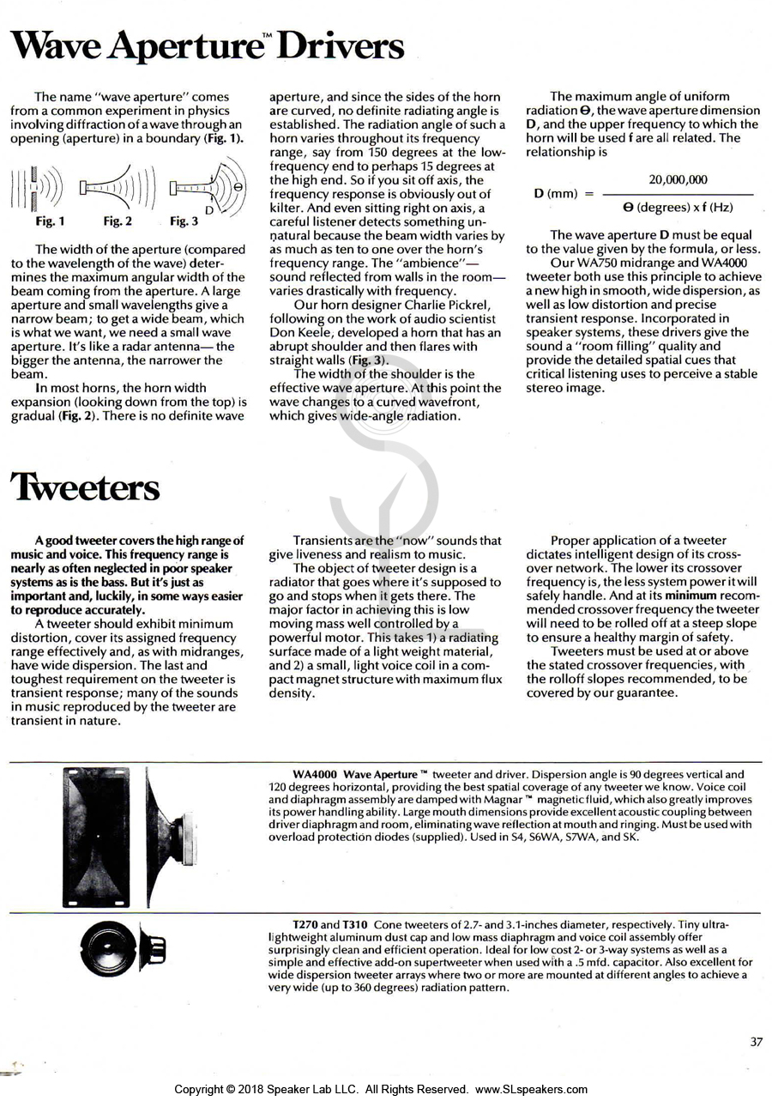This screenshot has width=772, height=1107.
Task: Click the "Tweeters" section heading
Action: [x=85, y=487]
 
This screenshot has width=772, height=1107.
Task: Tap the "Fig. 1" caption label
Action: [x=50, y=221]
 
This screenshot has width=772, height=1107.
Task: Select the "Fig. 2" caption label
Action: [x=118, y=221]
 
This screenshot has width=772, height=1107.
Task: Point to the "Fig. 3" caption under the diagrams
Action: [x=184, y=221]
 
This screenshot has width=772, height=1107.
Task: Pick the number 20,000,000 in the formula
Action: [x=678, y=179]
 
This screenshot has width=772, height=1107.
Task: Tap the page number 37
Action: [x=756, y=1042]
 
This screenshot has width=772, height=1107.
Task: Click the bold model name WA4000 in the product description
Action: [x=314, y=775]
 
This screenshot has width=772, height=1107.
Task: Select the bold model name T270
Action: [x=305, y=924]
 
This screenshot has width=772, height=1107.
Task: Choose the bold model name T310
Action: [x=355, y=924]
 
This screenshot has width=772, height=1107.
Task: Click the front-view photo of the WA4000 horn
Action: [x=96, y=837]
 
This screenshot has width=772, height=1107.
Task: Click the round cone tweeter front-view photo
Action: [x=106, y=947]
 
